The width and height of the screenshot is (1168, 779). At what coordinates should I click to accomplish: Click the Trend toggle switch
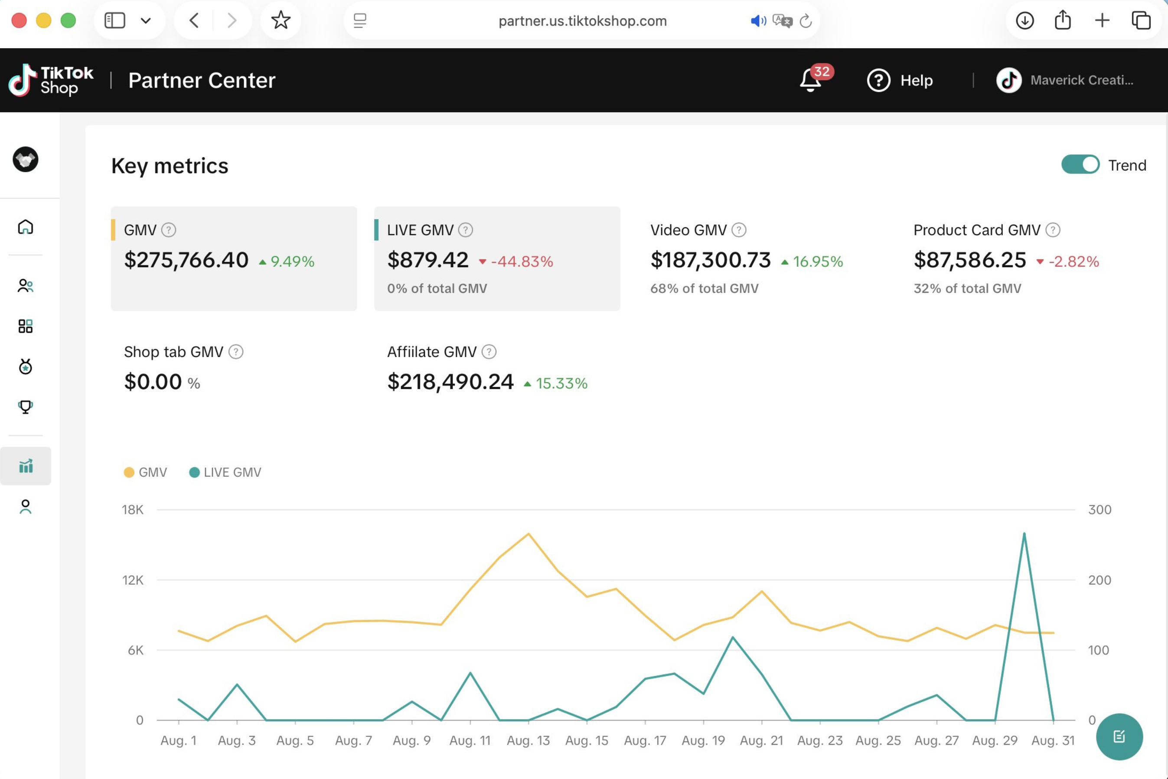1080,164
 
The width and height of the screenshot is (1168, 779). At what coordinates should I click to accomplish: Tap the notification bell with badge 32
810,81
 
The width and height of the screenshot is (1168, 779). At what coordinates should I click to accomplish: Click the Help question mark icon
878,81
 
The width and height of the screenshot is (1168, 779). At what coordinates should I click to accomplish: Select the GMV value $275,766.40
186,260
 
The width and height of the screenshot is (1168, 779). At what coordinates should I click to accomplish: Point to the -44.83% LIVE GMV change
522,261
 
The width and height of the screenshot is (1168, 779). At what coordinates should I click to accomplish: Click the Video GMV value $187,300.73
711,260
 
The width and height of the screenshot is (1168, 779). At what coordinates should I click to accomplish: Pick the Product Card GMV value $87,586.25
969,260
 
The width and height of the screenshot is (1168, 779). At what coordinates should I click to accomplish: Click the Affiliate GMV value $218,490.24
450,382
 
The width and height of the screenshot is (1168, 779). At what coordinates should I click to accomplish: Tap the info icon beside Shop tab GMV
236,352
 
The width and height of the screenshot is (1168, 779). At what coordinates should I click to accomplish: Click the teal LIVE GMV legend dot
194,472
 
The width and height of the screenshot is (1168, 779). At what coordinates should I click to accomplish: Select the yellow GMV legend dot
129,472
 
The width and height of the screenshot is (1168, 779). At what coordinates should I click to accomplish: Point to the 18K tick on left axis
133,510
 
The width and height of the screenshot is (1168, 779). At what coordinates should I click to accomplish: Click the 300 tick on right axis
1099,510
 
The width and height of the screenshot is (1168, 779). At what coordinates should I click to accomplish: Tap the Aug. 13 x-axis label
528,740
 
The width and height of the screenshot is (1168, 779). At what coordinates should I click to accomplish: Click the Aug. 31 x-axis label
1053,740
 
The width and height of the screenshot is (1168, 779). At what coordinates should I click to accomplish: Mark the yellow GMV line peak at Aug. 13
529,534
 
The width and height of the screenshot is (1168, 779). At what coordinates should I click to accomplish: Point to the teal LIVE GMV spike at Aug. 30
1024,534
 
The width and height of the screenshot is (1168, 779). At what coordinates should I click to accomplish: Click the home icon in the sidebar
25,227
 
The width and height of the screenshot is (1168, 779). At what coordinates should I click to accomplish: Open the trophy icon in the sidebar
25,407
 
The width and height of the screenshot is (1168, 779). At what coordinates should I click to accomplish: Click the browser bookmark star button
281,20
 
